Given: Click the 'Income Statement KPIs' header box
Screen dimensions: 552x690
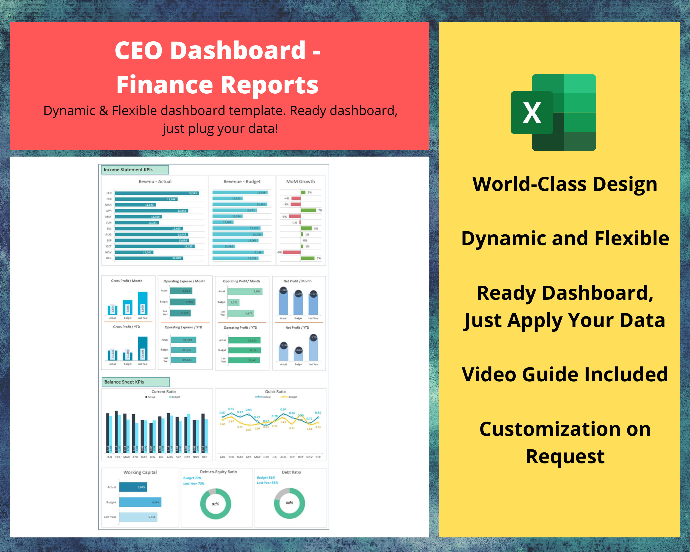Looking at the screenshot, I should point(135,170).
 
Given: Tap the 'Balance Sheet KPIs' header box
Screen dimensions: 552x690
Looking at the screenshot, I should point(135,382).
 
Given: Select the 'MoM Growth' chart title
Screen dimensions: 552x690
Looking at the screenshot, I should point(301,181).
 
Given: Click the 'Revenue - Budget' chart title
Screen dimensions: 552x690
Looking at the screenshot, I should point(242,181).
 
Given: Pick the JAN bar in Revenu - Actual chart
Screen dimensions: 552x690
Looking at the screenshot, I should point(157,193).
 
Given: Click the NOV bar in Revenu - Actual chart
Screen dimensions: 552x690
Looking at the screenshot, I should point(134,253).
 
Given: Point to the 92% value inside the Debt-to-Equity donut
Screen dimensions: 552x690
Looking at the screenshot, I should point(215,504).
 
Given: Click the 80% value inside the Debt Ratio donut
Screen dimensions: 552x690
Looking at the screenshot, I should point(289,503).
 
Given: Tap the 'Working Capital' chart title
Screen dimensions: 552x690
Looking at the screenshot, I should point(140,472).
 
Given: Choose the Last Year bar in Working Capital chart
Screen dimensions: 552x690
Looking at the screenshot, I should point(138,517).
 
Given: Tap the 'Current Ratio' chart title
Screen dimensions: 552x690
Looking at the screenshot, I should point(164,392).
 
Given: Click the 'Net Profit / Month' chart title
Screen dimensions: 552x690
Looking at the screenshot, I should point(297,281).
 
